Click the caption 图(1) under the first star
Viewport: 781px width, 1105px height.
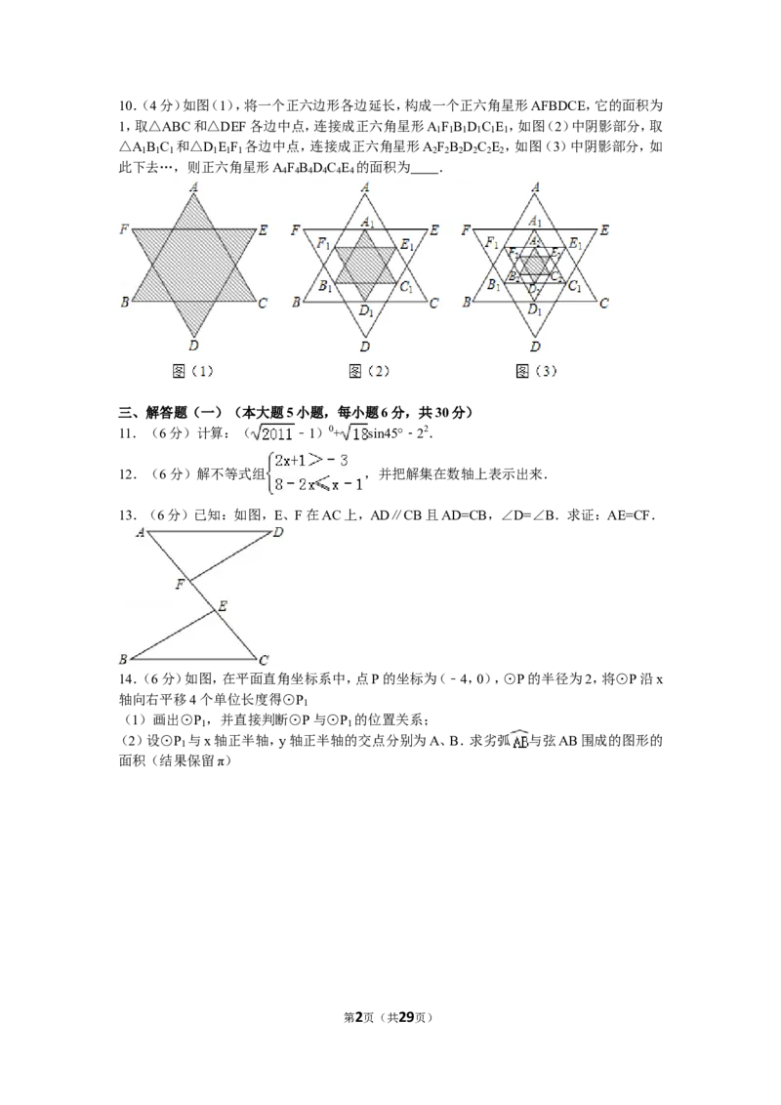point(193,371)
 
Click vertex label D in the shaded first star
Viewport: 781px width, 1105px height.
point(193,346)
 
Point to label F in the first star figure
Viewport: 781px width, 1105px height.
point(124,229)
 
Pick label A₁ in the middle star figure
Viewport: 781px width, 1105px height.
point(366,223)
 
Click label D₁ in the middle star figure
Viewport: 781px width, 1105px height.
point(365,310)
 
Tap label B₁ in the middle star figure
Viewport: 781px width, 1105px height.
point(324,287)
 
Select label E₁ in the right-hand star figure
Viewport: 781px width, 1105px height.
point(576,243)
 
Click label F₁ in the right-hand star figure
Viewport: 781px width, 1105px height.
point(493,243)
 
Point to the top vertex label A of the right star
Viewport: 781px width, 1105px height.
point(535,186)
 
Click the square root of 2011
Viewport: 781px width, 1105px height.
point(273,432)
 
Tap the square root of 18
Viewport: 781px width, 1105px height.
point(354,432)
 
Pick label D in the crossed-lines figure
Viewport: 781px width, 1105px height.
point(279,532)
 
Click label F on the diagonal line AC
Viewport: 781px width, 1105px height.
point(179,585)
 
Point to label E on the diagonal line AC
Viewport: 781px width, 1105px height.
point(223,607)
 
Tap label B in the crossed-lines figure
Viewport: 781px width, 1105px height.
point(123,660)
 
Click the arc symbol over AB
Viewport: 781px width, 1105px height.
point(519,742)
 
